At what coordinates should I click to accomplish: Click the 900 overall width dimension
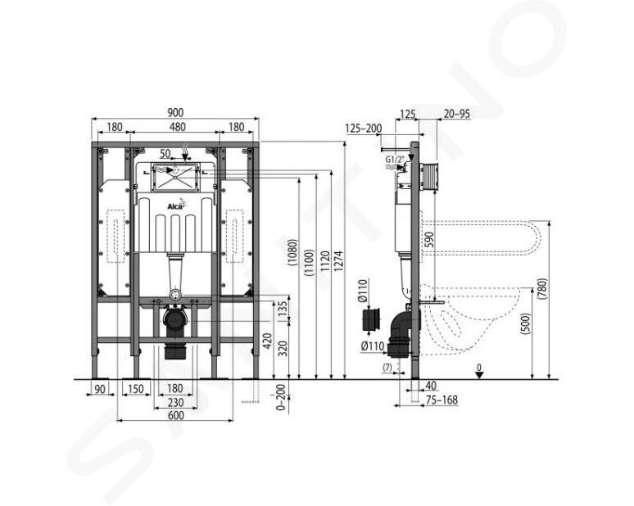point(174,113)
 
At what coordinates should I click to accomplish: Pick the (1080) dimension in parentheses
point(292,253)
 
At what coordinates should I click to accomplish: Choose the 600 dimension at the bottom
point(174,415)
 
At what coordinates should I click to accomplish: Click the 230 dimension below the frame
point(175,403)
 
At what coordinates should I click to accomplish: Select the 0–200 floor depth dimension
point(281,397)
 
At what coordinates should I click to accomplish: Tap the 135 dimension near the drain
point(283,309)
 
